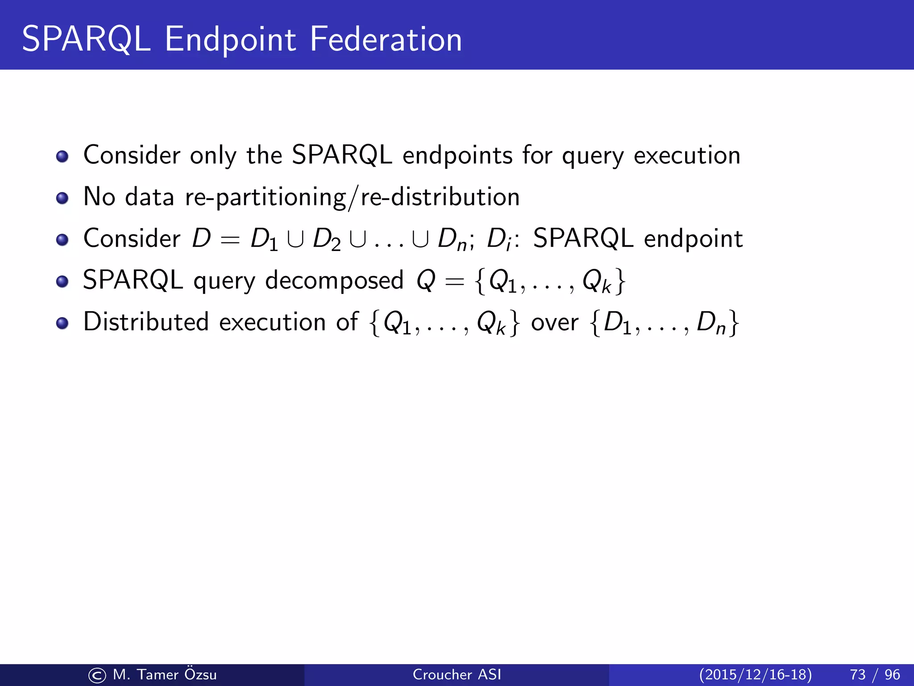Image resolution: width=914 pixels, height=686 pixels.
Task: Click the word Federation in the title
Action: click(386, 39)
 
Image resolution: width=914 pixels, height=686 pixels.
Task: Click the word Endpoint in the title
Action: click(230, 40)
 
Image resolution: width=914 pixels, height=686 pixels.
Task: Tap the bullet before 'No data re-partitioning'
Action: click(62, 198)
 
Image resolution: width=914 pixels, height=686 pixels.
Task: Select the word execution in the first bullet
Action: click(687, 155)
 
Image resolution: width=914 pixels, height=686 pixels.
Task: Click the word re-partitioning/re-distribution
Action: click(352, 197)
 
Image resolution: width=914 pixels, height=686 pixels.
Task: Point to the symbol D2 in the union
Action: click(327, 239)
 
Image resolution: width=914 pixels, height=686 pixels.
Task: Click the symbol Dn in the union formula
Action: click(452, 239)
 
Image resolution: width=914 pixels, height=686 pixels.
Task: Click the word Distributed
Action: click(146, 322)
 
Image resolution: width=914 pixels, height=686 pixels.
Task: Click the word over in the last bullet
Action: click(554, 322)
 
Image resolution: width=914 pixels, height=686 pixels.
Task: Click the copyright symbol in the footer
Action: click(97, 675)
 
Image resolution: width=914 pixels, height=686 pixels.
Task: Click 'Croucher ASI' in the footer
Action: click(457, 674)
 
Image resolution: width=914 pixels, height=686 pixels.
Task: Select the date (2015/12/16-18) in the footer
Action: click(755, 674)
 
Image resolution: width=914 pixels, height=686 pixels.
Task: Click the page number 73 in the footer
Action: click(857, 674)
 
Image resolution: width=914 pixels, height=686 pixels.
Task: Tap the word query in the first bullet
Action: click(592, 156)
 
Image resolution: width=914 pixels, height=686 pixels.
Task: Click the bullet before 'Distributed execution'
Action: click(62, 323)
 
